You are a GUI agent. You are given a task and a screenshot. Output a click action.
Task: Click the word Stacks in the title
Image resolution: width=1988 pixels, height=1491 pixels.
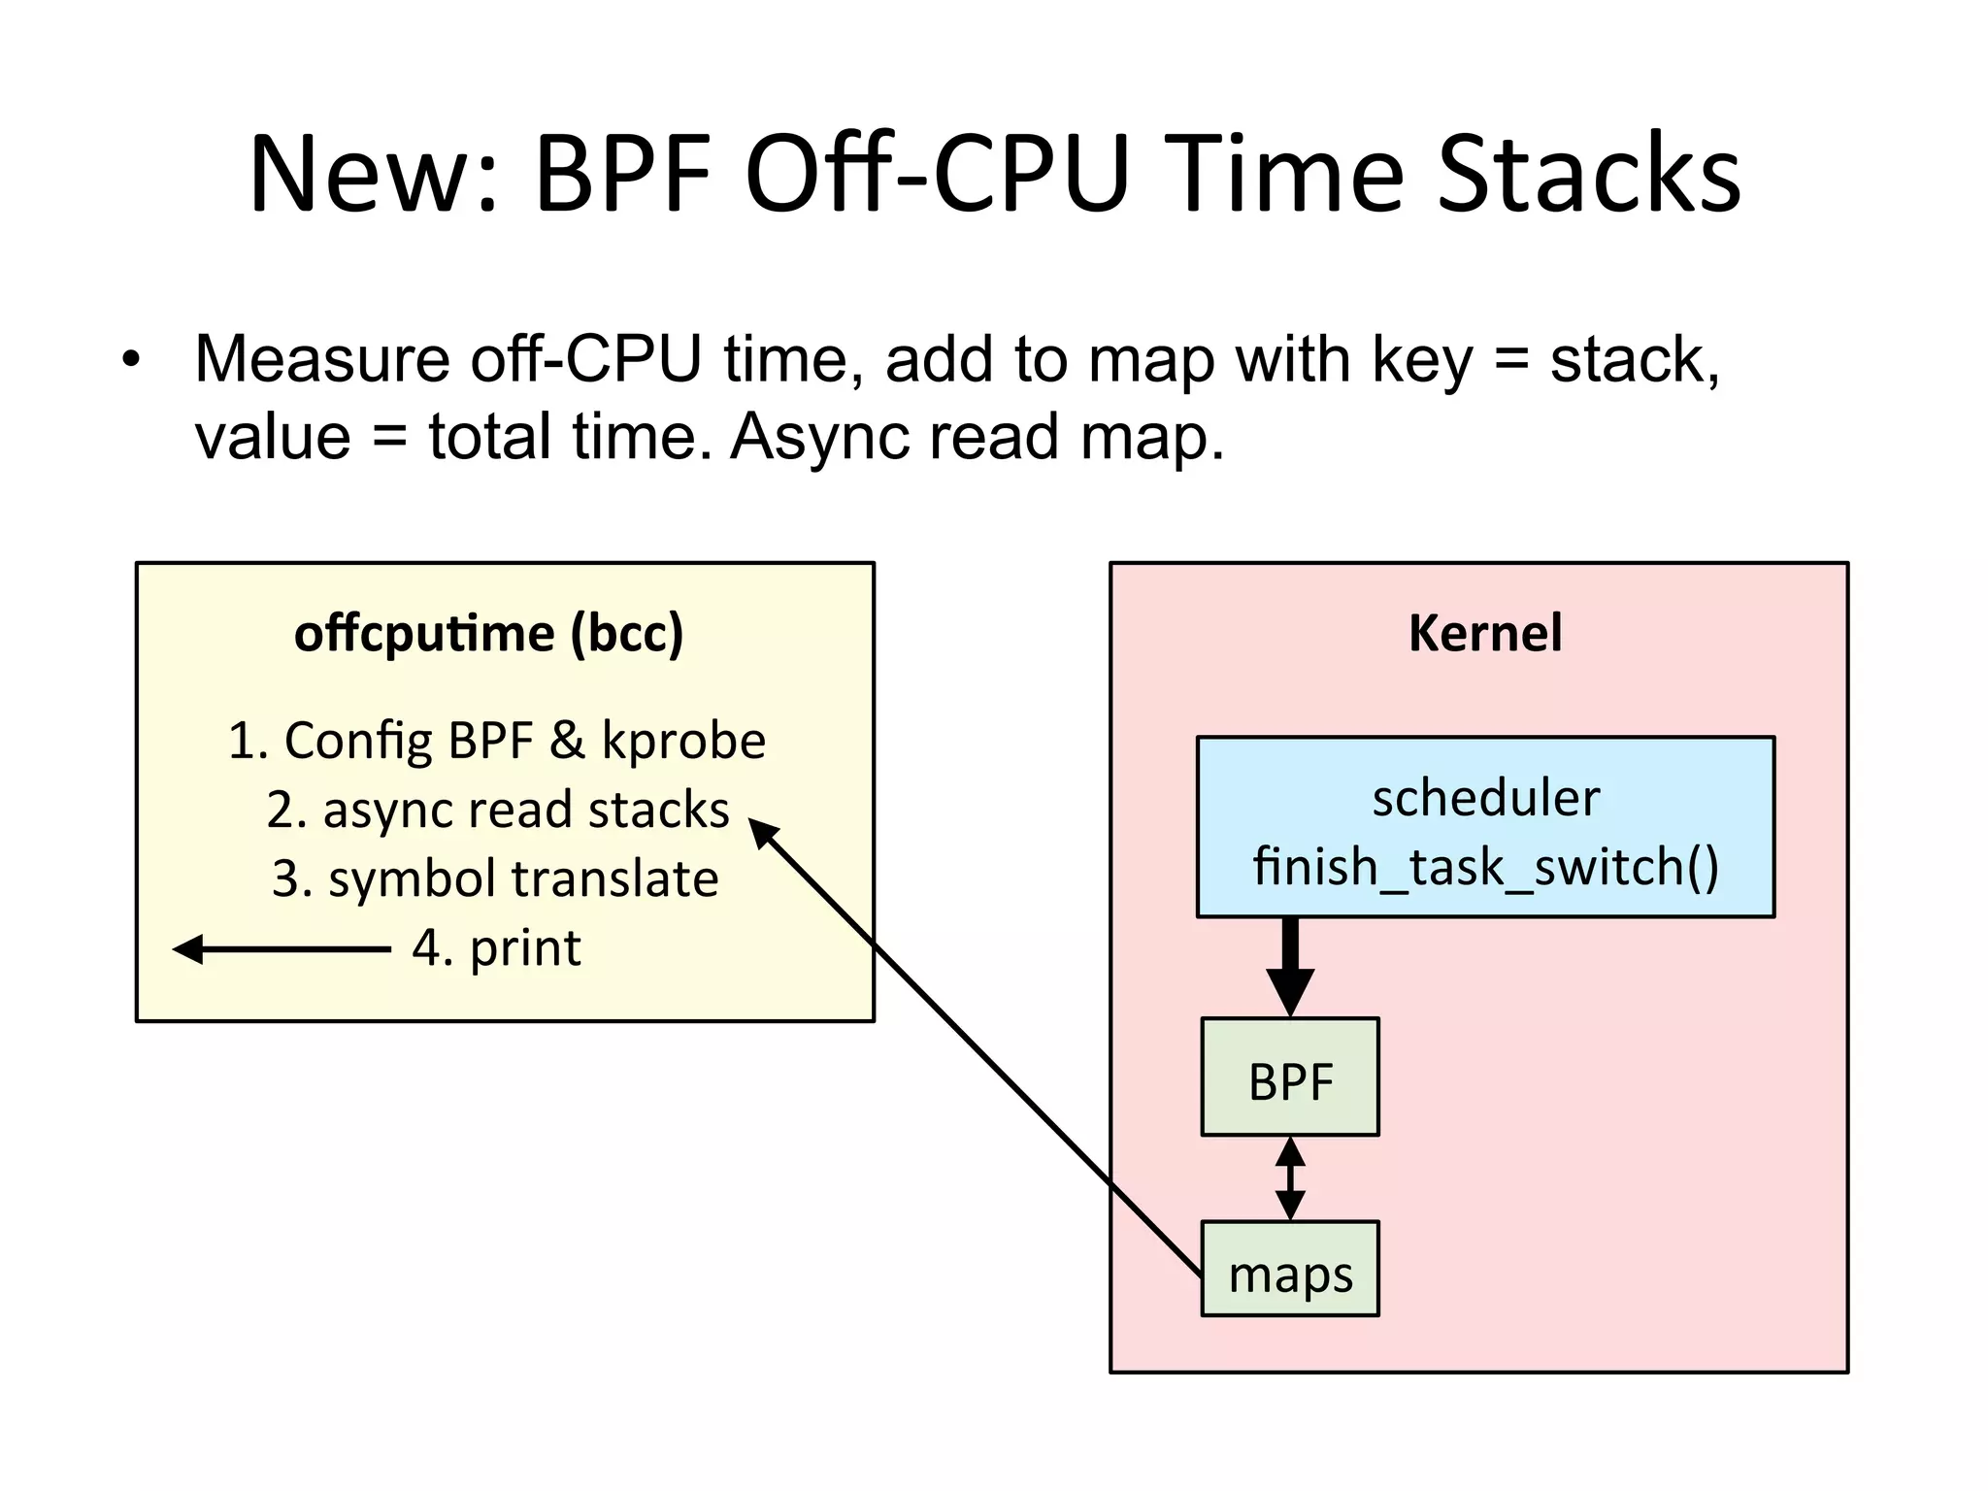tap(1588, 175)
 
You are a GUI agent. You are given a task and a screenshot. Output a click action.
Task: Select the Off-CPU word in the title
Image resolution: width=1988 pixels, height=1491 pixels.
tap(938, 175)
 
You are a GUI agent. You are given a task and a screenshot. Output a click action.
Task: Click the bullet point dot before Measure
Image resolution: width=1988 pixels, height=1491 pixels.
tap(131, 361)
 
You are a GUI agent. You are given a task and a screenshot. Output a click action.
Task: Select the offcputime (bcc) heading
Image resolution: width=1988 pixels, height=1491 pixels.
tap(489, 633)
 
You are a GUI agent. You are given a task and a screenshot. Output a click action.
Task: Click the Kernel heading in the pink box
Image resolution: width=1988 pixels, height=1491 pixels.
tap(1484, 633)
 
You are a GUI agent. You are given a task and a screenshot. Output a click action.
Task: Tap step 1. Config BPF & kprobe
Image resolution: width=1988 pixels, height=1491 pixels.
tap(497, 741)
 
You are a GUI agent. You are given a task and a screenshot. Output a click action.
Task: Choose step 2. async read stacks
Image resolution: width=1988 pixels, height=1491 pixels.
tap(497, 810)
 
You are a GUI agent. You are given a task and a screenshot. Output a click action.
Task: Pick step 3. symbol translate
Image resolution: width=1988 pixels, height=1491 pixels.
tap(495, 878)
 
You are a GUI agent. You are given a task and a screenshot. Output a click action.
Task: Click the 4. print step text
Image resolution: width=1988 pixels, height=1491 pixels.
tap(496, 947)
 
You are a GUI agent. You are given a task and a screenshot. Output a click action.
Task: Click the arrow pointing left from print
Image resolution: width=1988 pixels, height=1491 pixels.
tap(282, 948)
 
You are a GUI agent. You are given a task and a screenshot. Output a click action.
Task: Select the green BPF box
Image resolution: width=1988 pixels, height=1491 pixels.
tap(1289, 1077)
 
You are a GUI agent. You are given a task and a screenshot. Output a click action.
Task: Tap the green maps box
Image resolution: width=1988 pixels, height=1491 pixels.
tap(1289, 1270)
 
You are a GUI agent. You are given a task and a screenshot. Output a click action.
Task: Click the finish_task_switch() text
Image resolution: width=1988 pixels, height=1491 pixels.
tap(1485, 866)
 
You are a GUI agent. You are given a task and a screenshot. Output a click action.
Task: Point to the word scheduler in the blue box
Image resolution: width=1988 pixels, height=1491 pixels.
tap(1485, 799)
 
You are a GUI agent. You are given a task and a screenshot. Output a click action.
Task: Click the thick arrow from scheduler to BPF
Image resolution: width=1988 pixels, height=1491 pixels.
tap(1290, 966)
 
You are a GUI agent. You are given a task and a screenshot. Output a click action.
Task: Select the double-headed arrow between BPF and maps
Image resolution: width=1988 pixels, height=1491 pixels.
tap(1290, 1178)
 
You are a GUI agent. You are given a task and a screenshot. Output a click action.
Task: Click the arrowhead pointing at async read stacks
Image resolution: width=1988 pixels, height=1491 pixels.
tap(763, 833)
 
